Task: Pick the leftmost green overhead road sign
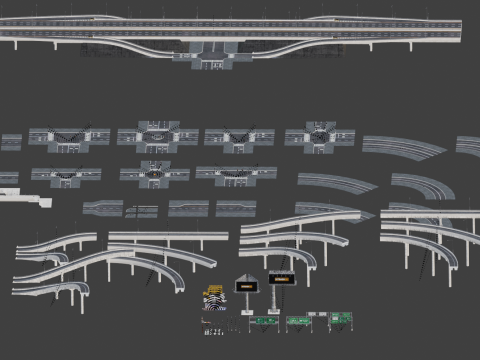point(265,322)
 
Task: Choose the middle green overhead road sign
point(299,322)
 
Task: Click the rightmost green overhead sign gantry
point(341,319)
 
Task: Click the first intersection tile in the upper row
point(69,138)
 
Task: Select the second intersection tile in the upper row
point(157,136)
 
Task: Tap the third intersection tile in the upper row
point(239,138)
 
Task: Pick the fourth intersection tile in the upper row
point(320,136)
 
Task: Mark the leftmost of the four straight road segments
point(103,208)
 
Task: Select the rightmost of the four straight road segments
point(235,208)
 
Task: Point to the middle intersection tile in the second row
point(155,174)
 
